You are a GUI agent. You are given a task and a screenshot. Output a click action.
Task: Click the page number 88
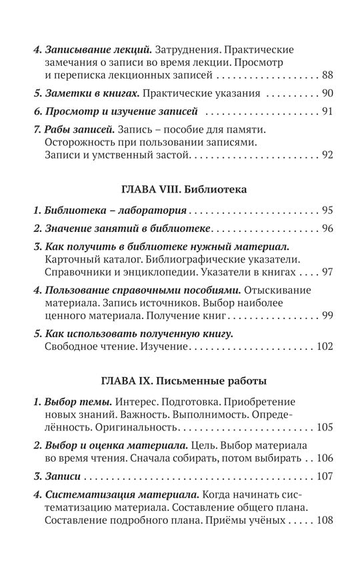pyautogui.click(x=327, y=74)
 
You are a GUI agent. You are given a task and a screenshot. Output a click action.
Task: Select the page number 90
pyautogui.click(x=327, y=93)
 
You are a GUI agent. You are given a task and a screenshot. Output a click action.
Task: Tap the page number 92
pyautogui.click(x=327, y=155)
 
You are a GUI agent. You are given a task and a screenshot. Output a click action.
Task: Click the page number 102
pyautogui.click(x=324, y=346)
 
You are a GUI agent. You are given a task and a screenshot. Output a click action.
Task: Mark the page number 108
pyautogui.click(x=324, y=522)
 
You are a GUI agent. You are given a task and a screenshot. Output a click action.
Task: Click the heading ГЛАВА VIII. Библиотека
pyautogui.click(x=180, y=189)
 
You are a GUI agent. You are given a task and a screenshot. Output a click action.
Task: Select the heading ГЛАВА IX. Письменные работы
pyautogui.click(x=180, y=382)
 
